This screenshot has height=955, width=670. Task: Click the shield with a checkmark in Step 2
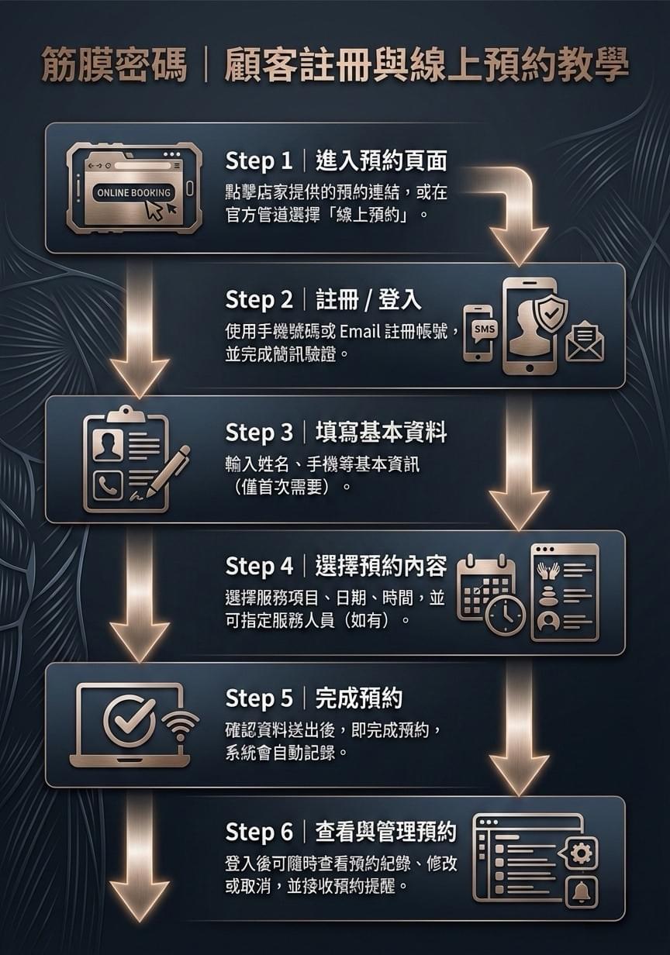(552, 312)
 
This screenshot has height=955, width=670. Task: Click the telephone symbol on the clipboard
(106, 486)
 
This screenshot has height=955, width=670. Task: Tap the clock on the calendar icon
(506, 616)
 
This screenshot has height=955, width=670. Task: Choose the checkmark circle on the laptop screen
(127, 719)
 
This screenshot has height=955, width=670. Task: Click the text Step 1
(259, 161)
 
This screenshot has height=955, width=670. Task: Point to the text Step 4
(259, 567)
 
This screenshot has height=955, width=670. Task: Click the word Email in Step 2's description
(357, 334)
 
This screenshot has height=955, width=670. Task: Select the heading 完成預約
(359, 699)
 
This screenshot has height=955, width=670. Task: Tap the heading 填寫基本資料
(381, 433)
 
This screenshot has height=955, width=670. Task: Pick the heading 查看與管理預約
(386, 833)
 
